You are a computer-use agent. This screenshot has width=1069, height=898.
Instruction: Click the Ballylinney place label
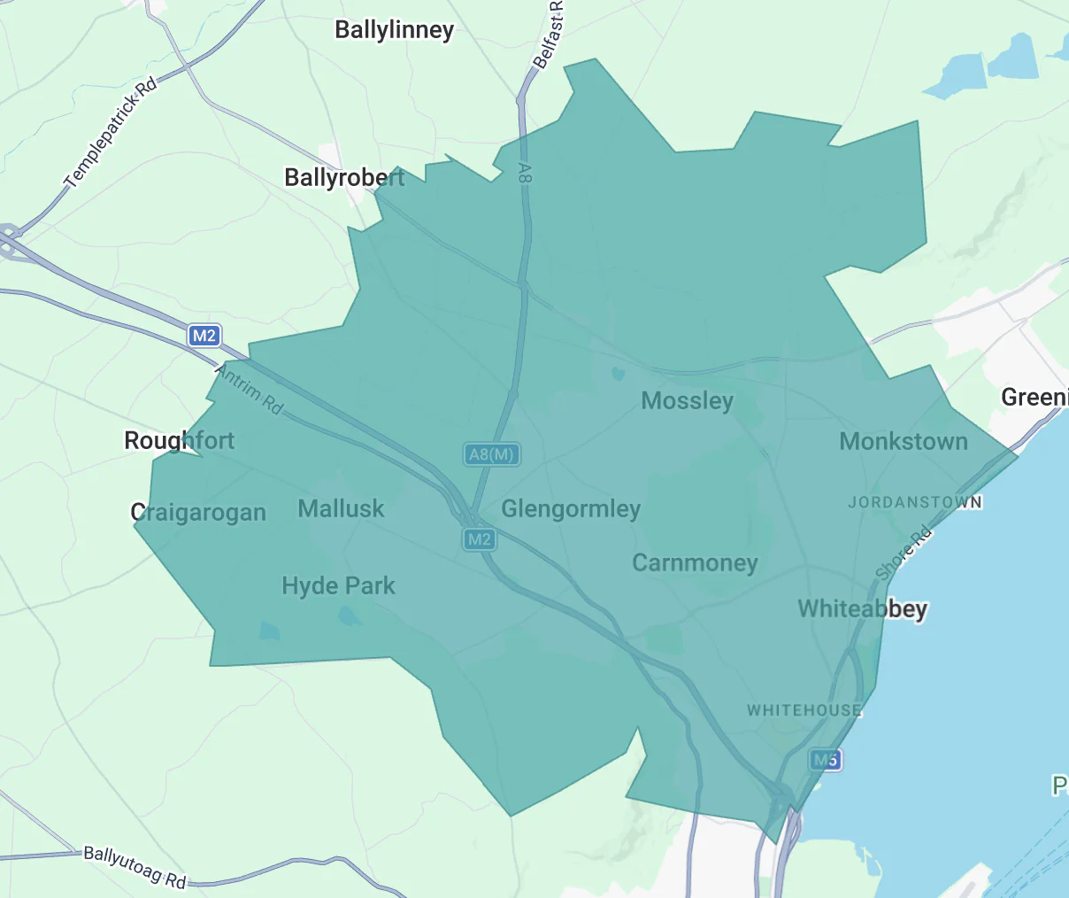(x=394, y=30)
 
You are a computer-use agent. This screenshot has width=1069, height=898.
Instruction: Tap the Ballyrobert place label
(x=344, y=178)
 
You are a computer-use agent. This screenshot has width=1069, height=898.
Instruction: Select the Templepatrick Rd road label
(x=111, y=132)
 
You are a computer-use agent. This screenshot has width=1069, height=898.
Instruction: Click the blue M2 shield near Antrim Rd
(x=204, y=336)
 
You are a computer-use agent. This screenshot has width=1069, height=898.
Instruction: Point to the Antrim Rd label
(x=250, y=391)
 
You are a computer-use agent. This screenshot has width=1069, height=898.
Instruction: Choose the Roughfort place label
(x=180, y=440)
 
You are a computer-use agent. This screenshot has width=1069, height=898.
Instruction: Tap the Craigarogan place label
(x=198, y=513)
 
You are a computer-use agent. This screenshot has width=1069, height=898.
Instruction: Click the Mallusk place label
(x=341, y=509)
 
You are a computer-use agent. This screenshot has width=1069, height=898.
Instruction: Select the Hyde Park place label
(x=338, y=586)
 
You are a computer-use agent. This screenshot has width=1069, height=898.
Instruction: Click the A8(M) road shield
(x=491, y=454)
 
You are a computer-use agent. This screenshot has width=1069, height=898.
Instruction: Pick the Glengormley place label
(x=571, y=509)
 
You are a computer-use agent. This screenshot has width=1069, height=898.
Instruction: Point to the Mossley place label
(x=688, y=401)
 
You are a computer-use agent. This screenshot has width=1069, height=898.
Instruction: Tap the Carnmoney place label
(x=695, y=563)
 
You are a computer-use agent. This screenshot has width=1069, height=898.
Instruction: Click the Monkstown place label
(x=904, y=441)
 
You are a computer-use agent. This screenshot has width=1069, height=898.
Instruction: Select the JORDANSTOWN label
(x=915, y=502)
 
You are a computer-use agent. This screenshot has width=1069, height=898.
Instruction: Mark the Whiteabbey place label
(x=863, y=609)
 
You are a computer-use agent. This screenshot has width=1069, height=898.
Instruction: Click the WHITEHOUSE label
(x=804, y=710)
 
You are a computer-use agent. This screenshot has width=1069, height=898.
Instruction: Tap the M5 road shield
(x=825, y=759)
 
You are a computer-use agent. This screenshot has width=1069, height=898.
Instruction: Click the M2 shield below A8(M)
(x=479, y=538)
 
